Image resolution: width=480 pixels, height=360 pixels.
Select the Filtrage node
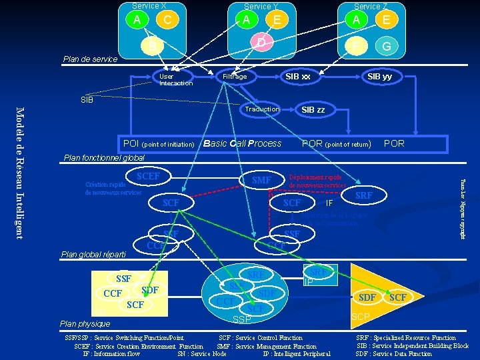[x=235, y=77]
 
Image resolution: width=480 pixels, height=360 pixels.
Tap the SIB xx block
[x=298, y=77]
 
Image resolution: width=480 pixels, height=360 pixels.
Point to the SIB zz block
[x=313, y=109]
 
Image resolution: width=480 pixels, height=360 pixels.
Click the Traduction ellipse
[x=262, y=109]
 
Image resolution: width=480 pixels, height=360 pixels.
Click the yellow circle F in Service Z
[x=356, y=47]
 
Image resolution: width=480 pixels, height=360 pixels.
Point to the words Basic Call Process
[x=242, y=143]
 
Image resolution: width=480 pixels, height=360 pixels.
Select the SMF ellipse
[x=262, y=180]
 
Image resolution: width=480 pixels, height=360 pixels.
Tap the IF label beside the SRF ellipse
[x=329, y=203]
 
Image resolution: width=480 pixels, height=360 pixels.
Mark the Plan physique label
[x=85, y=323]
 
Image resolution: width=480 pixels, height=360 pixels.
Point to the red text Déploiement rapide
[x=315, y=177]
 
